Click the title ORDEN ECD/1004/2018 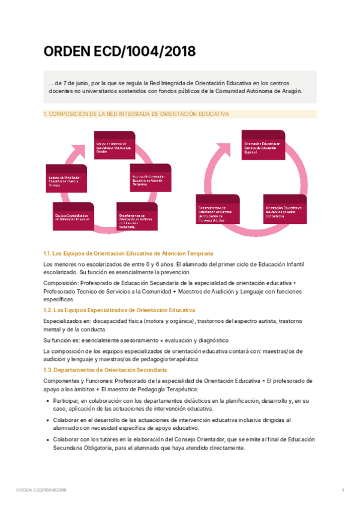(x=119, y=52)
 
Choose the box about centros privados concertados (x=284, y=210)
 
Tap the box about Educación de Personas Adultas (x=218, y=213)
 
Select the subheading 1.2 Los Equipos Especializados (x=119, y=310)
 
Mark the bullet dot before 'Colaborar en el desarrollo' (x=47, y=421)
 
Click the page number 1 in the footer (x=343, y=490)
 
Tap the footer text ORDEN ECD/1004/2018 (x=41, y=490)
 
